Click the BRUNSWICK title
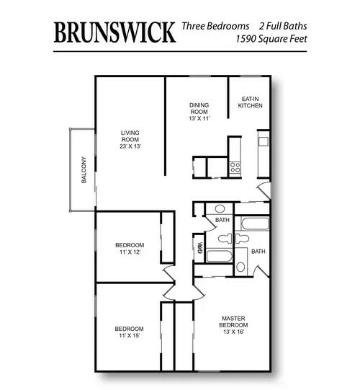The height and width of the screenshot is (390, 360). point(114,32)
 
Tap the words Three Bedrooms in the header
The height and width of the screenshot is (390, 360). point(215,26)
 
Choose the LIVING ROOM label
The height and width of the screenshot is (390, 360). point(130,136)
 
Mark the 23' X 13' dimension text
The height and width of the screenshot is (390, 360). point(130,146)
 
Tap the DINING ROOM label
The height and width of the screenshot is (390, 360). point(199,107)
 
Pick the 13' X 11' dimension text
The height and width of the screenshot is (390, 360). point(199,118)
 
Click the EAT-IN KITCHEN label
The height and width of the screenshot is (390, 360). point(250,102)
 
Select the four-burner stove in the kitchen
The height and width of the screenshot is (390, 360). point(235,167)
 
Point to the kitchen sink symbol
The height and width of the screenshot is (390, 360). point(264,143)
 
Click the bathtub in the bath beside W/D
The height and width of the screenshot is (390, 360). point(218,256)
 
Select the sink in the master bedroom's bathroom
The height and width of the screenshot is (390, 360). point(240,267)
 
